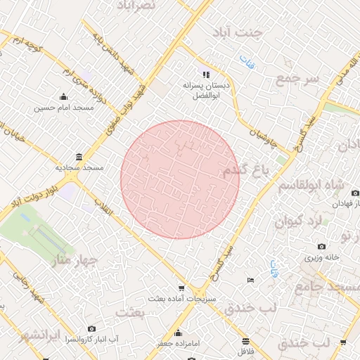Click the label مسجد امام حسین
pos(64,109)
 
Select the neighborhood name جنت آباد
pos(259,33)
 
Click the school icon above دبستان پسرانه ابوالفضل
pos(206,74)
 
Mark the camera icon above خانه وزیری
pos(321,246)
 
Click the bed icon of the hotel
pos(251,281)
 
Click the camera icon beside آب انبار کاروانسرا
pos(92,328)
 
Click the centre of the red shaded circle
pos(180,179)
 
